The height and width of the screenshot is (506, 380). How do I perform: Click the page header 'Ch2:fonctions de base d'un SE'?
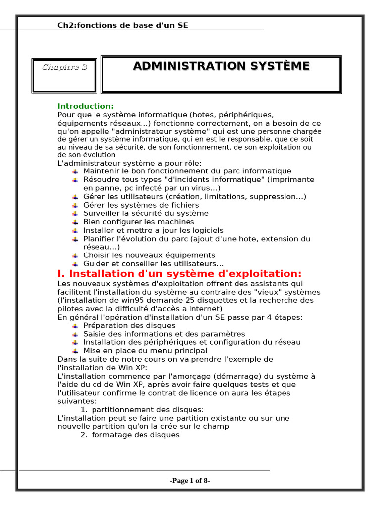click(123, 25)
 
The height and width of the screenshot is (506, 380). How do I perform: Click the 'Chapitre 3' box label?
click(64, 67)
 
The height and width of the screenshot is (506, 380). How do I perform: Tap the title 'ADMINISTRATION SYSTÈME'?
click(221, 66)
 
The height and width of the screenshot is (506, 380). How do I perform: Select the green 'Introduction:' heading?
click(86, 106)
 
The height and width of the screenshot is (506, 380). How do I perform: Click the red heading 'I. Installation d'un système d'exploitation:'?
click(180, 274)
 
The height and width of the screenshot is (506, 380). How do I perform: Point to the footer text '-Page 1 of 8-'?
click(190, 481)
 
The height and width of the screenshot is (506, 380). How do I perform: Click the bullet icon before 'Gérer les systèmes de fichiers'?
click(75, 206)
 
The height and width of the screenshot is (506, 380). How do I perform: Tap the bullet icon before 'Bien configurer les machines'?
click(75, 222)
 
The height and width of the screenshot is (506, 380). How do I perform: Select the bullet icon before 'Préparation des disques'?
click(75, 326)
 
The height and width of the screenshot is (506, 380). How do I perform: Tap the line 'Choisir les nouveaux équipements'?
click(149, 255)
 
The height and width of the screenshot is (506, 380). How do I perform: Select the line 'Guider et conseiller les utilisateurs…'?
click(153, 264)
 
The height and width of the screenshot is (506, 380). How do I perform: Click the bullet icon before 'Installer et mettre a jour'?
click(75, 231)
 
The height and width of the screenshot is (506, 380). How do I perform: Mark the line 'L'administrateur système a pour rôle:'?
click(130, 163)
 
